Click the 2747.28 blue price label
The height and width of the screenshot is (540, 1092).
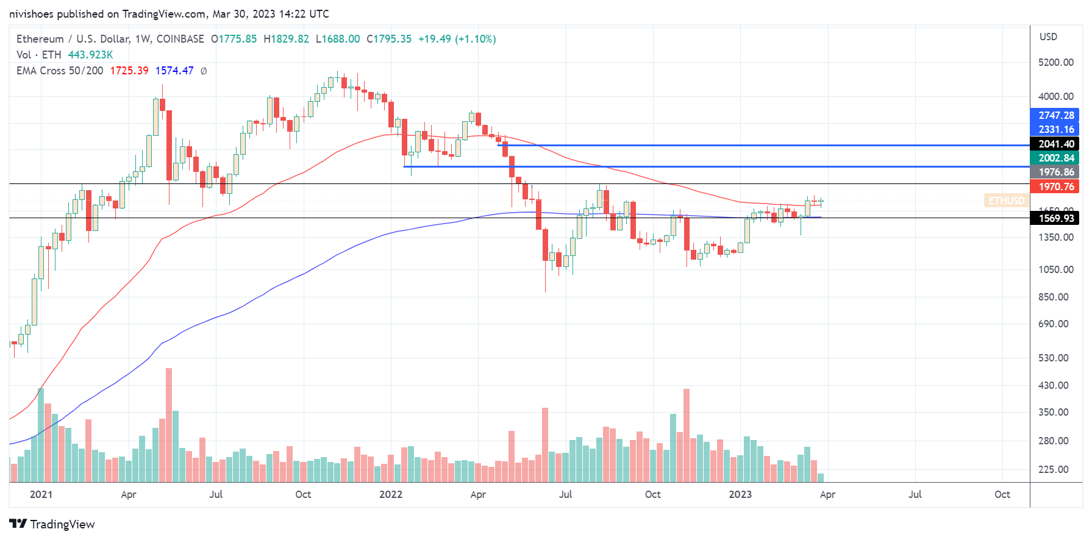point(1056,115)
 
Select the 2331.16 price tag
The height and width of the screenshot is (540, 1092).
point(1056,129)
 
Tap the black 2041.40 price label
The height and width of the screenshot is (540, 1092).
point(1056,144)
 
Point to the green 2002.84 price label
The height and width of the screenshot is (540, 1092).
point(1056,158)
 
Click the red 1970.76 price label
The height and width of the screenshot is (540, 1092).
point(1056,187)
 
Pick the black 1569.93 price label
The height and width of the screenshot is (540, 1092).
point(1056,218)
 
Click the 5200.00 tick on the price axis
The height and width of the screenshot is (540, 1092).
point(1055,62)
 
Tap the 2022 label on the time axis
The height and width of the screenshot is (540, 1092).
point(390,494)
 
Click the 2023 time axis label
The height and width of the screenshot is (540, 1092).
point(740,494)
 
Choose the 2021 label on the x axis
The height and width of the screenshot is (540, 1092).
point(41,494)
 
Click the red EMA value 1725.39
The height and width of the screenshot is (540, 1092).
point(129,71)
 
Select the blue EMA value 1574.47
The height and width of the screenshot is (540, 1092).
point(174,71)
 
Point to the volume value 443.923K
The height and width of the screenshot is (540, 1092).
point(90,55)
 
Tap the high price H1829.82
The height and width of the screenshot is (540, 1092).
point(286,39)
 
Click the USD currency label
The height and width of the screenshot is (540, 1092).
point(1048,37)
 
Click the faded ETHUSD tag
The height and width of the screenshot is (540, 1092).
point(1006,201)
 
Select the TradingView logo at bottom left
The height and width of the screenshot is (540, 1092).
point(52,524)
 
